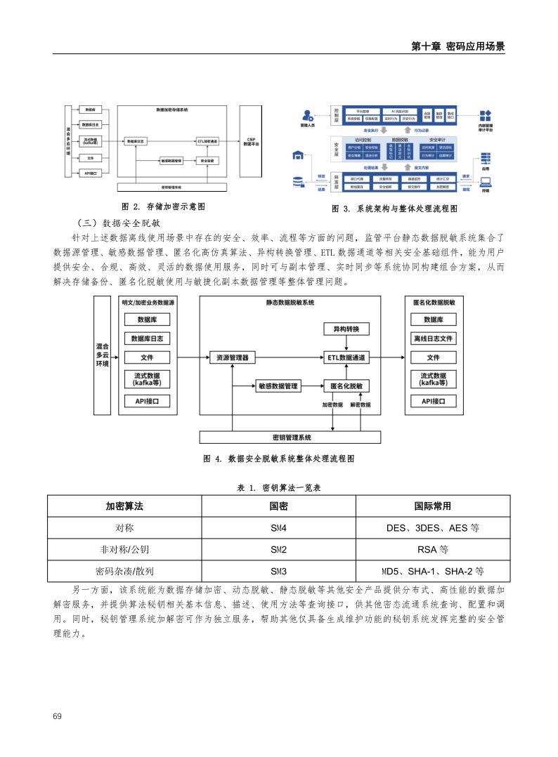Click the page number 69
[58, 716]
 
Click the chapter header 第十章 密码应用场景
[458, 46]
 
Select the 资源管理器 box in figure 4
[232, 357]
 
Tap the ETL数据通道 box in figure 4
[346, 357]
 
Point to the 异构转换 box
[346, 329]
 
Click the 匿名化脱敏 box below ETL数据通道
[346, 386]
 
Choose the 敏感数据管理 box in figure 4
[278, 386]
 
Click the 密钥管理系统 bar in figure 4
[291, 437]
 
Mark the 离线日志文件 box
[433, 338]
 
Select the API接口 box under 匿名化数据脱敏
[433, 402]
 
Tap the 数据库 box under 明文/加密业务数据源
[147, 320]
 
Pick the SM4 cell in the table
[278, 527]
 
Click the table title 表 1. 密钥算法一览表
[279, 487]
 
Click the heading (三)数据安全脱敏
[115, 222]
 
